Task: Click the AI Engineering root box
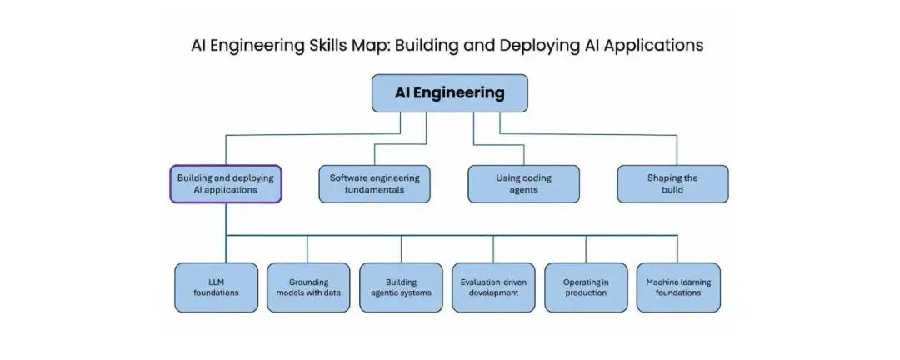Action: coord(449,93)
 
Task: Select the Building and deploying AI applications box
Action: coord(226,183)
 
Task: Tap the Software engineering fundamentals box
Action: coord(374,183)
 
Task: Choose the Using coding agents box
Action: coord(523,183)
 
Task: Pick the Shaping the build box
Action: coord(672,183)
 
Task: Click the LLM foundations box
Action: coord(217,287)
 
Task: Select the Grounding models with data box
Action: coord(308,287)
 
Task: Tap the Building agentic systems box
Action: coord(401,287)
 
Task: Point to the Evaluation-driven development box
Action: coord(493,287)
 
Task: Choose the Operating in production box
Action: coord(586,287)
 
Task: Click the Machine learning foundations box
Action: coord(678,287)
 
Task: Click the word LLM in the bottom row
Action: coord(217,282)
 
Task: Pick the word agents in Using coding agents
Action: coord(523,190)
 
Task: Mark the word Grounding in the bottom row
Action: coord(309,282)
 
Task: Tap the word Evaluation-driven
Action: coord(493,282)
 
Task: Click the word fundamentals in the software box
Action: coord(374,189)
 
